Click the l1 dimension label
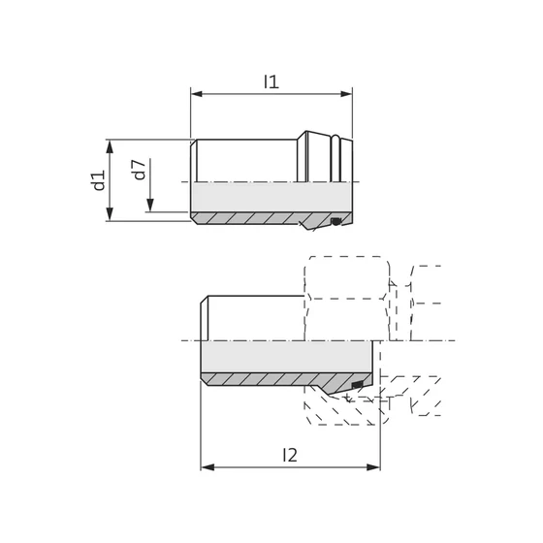271,83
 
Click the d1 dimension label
98,180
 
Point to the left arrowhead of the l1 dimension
195,94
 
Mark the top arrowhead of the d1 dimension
112,144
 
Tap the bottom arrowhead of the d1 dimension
112,216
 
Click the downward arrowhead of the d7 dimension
151,206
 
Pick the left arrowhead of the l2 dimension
206,466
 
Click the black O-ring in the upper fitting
335,222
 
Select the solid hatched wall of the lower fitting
271,378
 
